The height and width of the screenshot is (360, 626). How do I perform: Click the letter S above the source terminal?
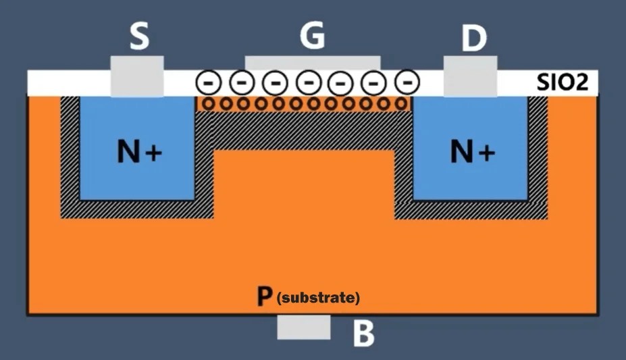(x=138, y=36)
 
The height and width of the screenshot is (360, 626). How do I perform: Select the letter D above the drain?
(x=473, y=39)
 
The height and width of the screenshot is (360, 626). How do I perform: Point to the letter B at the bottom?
(x=364, y=334)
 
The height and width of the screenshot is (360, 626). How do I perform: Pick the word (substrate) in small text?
(x=319, y=297)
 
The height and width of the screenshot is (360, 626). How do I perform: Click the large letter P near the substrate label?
(x=265, y=297)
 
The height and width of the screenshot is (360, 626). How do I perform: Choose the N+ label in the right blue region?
(x=472, y=153)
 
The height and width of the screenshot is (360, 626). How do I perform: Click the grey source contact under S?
(x=137, y=76)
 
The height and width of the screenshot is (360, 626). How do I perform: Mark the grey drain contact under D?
(x=471, y=76)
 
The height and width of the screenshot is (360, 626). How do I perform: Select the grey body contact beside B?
(x=304, y=327)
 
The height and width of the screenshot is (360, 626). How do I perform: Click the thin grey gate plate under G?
(x=313, y=63)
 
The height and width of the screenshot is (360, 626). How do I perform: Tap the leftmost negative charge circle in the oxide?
(x=209, y=82)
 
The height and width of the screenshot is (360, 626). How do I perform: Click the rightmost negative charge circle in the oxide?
(x=406, y=82)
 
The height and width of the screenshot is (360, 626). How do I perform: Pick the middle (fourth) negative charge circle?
(x=308, y=82)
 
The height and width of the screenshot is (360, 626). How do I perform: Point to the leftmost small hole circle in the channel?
(x=208, y=104)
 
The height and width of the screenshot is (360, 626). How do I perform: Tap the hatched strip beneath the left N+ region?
(x=135, y=209)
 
